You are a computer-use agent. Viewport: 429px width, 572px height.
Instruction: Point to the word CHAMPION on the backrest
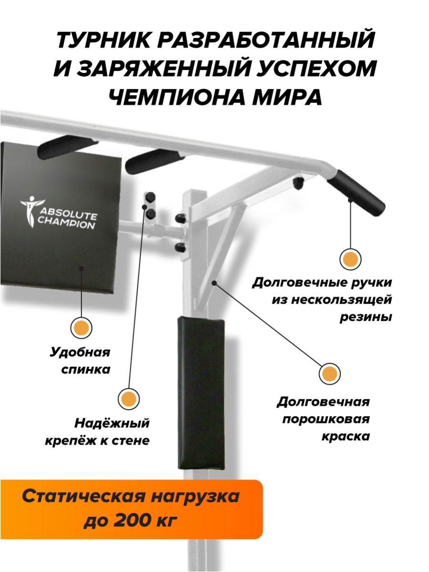coord(66,225)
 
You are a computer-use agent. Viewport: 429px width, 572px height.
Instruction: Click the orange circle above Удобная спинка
coord(82,327)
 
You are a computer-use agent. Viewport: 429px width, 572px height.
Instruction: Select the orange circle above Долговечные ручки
coord(350,259)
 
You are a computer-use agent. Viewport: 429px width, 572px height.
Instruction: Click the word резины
coord(366,317)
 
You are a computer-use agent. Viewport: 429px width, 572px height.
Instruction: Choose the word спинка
coord(86,369)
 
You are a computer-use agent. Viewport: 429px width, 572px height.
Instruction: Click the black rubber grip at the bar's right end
coord(356,188)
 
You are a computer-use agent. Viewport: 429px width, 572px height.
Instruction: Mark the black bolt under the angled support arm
coord(298,183)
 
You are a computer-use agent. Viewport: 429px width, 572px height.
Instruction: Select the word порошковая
coord(326,419)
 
